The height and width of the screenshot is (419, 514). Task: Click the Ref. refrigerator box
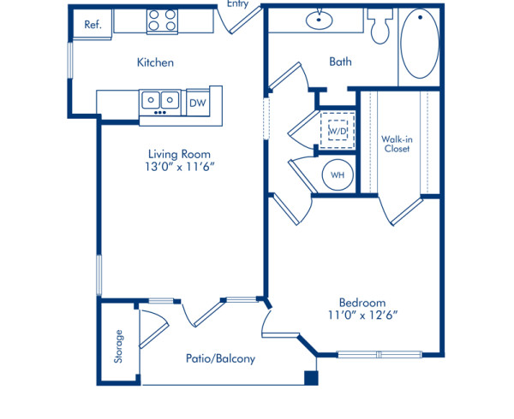93,25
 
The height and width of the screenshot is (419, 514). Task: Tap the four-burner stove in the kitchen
161,21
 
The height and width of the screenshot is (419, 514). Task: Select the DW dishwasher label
197,103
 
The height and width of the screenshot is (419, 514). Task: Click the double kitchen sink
160,101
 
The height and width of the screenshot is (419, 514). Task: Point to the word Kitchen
156,62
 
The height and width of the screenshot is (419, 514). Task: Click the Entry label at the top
238,4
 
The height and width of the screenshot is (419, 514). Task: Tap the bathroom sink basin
320,18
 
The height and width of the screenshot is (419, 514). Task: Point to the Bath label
340,62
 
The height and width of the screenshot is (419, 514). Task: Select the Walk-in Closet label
396,143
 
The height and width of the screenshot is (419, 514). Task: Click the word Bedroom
362,303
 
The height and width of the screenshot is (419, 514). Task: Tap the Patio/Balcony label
220,359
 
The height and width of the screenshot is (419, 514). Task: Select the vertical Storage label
118,346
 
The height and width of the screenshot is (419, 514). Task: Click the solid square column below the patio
312,377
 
